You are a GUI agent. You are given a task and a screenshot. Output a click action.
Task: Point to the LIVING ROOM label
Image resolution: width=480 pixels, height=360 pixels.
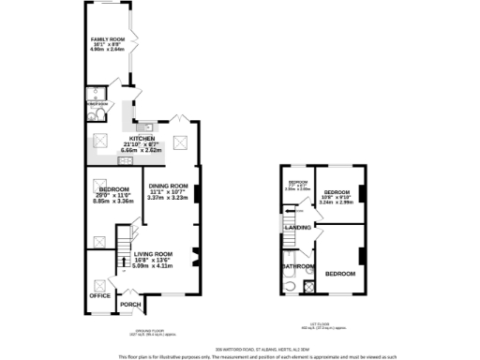coord(153,253)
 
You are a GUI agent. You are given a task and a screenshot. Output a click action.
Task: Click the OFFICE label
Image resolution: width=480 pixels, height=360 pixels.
coord(99,295)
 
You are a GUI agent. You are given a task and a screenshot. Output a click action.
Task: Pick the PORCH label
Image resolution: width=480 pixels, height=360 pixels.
coord(129,303)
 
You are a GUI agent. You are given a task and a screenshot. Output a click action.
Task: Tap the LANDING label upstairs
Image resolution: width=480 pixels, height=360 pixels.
coord(298,228)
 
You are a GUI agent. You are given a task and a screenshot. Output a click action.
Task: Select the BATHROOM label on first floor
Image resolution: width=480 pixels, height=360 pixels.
coord(297,266)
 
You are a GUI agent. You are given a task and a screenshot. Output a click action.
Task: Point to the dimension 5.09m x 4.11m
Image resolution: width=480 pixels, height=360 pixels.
coord(153,266)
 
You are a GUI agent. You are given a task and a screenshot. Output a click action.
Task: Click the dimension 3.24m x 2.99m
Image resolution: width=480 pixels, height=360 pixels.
coord(337,202)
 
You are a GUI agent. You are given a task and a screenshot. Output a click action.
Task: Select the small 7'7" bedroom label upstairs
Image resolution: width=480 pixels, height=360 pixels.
coord(297,184)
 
